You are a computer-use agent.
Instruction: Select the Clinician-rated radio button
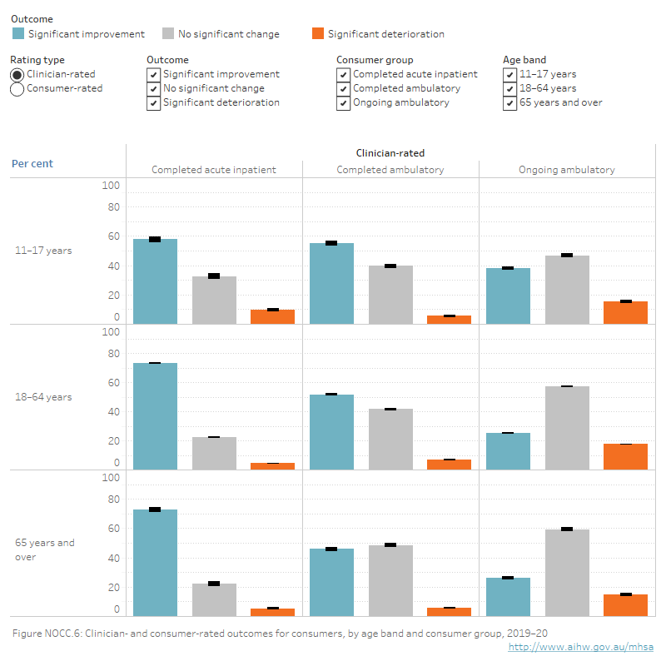(x=17, y=74)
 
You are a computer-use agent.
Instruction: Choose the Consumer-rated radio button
(x=17, y=89)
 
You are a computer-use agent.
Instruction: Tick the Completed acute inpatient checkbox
(x=343, y=74)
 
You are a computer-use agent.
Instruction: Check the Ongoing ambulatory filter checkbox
(x=343, y=103)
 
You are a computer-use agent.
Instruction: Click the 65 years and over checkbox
(x=509, y=103)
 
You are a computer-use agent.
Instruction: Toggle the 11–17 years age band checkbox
(x=509, y=74)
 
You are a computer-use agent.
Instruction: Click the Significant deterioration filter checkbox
(x=153, y=103)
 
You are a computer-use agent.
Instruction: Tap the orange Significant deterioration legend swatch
(x=318, y=34)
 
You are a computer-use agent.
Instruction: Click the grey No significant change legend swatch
(x=168, y=34)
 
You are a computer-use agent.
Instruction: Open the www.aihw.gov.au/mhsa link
(x=580, y=647)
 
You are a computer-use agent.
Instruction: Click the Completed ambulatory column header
(x=390, y=170)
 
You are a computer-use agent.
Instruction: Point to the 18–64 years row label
(x=43, y=397)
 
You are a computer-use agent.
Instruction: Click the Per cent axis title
(x=32, y=164)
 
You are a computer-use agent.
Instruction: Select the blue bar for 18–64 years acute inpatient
(x=155, y=416)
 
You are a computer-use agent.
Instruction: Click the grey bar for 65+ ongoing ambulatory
(x=567, y=573)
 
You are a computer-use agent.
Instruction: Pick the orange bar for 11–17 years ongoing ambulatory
(x=625, y=312)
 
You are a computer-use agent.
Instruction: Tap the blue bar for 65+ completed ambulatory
(x=331, y=582)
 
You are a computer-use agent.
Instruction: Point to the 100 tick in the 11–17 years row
(x=112, y=186)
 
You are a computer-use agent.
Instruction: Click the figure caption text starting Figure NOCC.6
(x=280, y=634)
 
